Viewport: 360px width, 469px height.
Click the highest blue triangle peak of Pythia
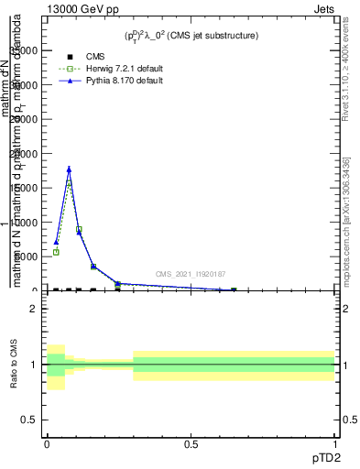click(69, 169)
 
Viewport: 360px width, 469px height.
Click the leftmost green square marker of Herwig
click(56, 252)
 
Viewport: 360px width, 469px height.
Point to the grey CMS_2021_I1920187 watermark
click(190, 274)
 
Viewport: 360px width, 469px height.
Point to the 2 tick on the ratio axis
click(34, 309)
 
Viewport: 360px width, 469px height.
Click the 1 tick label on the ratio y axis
click(34, 365)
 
